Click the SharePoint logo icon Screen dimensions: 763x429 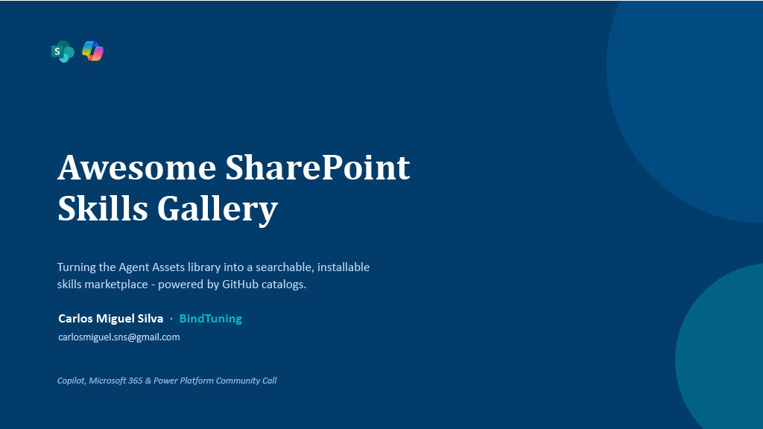[x=63, y=51]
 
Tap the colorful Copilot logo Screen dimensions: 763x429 [x=92, y=51]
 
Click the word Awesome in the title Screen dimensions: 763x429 [x=137, y=168]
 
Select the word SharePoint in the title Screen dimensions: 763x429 [x=317, y=168]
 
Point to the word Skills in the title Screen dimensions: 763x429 [x=103, y=209]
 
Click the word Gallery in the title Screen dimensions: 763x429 [x=218, y=210]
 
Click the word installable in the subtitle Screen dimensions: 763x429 [x=343, y=267]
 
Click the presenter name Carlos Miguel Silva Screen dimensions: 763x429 [x=111, y=319]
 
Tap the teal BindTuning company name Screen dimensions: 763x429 [x=211, y=319]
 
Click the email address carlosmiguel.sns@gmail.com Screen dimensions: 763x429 [x=119, y=337]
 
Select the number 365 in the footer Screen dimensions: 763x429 [x=136, y=381]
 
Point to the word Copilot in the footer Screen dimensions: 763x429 [x=72, y=381]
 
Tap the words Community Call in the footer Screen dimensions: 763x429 [x=246, y=381]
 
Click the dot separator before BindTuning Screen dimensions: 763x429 [x=171, y=319]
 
